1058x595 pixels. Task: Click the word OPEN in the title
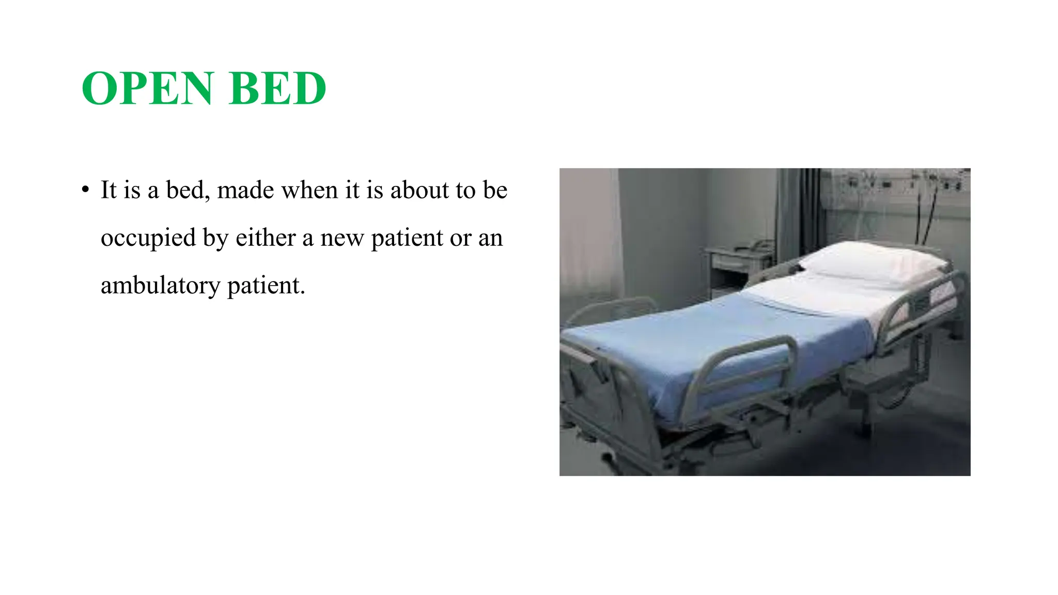pos(147,88)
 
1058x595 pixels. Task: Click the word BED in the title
pos(277,88)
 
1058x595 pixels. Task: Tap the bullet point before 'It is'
pos(86,190)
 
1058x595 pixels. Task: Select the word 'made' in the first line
pos(245,190)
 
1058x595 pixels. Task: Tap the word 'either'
pos(266,238)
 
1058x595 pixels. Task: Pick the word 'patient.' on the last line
pos(267,286)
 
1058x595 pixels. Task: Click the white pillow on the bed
pos(873,263)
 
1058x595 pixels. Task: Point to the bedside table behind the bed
pos(739,263)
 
